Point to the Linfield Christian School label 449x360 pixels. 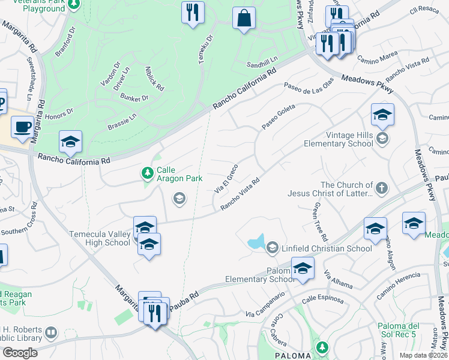pos(329,248)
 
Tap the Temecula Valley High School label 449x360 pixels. pos(100,238)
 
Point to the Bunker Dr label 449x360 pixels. pos(134,97)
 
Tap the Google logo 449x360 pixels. pos(20,353)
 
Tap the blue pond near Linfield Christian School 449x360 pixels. pos(256,243)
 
